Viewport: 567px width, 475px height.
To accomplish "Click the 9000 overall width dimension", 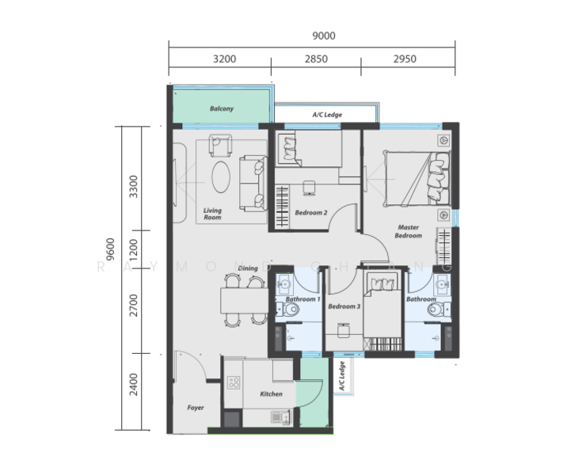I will (324, 36).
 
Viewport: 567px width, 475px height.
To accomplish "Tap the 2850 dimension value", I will (316, 59).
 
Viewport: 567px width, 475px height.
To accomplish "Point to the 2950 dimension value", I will (404, 59).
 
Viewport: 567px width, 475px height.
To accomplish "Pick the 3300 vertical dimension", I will (133, 188).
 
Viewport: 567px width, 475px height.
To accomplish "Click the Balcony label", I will (222, 109).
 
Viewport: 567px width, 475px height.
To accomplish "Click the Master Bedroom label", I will (409, 232).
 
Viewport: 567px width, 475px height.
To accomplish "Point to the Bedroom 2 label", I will (311, 213).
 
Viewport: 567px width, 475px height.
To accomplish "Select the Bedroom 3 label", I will (344, 306).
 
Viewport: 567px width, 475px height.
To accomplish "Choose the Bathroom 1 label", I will (303, 299).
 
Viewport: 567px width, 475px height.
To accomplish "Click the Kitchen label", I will (272, 393).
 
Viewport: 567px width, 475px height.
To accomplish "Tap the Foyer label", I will (195, 408).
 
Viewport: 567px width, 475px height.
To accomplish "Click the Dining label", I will (248, 269).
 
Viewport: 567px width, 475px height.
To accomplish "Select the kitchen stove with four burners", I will (234, 383).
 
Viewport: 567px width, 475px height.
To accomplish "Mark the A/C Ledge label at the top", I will (327, 115).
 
